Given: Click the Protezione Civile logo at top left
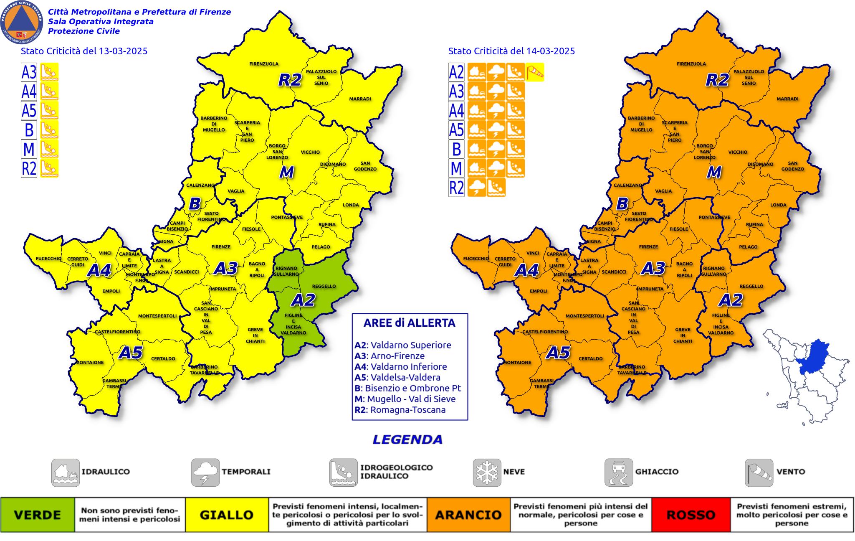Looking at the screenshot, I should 22,22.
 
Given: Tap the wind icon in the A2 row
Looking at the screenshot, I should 535,72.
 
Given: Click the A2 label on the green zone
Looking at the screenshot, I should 303,300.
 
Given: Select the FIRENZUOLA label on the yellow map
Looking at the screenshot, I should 264,64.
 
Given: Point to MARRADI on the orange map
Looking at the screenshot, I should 787,99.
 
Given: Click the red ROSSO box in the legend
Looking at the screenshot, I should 691,515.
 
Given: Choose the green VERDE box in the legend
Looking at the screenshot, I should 38,515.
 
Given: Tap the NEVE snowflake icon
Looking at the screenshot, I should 487,472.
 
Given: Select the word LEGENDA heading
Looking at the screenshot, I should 407,439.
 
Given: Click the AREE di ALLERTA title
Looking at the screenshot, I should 409,323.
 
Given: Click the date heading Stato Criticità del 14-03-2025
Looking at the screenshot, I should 511,51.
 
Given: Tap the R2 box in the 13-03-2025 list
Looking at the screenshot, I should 29,168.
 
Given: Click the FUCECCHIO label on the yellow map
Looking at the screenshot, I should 48,259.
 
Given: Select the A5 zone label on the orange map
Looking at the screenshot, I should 559,353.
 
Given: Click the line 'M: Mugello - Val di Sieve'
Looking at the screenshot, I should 405,399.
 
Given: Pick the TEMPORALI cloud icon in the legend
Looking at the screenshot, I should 205,472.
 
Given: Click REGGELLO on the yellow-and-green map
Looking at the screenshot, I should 324,286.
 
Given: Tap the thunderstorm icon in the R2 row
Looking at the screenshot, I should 477,187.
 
